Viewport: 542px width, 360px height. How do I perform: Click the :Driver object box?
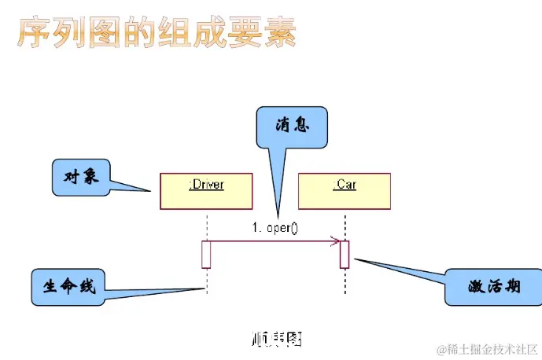pyautogui.click(x=206, y=190)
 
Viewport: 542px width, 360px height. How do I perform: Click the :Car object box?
pyautogui.click(x=345, y=190)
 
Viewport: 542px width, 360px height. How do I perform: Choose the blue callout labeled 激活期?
pyautogui.click(x=492, y=287)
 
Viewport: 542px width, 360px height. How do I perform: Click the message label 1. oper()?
pyautogui.click(x=275, y=228)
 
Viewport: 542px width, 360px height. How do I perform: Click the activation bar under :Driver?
pyautogui.click(x=206, y=254)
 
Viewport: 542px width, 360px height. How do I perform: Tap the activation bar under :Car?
pyautogui.click(x=345, y=254)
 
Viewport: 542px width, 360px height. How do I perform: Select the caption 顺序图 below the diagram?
pyautogui.click(x=275, y=339)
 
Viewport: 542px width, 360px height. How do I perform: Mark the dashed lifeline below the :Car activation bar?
pyautogui.click(x=345, y=281)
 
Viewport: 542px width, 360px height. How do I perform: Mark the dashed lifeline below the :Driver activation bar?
pyautogui.click(x=206, y=279)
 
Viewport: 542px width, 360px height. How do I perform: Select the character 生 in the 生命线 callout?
pyautogui.click(x=49, y=287)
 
